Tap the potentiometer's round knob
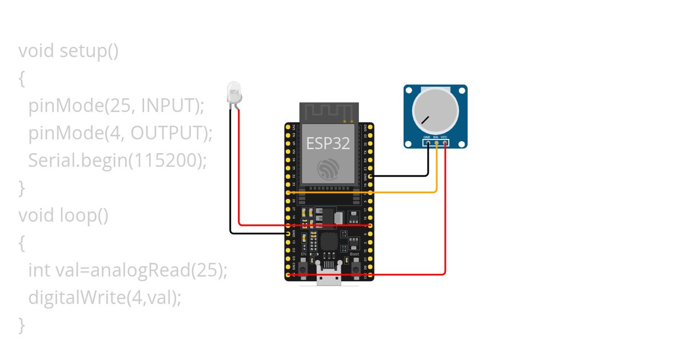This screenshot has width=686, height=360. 435,110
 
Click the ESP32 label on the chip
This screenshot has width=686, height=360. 328,143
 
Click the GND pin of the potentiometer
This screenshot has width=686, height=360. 427,143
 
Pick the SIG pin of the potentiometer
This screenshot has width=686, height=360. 436,143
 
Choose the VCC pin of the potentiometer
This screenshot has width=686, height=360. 445,143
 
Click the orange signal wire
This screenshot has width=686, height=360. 400,193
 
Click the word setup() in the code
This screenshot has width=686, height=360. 89,51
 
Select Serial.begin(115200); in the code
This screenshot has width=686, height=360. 117,161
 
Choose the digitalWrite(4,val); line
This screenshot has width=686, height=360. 105,298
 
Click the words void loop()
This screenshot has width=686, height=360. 63,215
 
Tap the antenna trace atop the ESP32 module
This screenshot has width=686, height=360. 329,111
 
